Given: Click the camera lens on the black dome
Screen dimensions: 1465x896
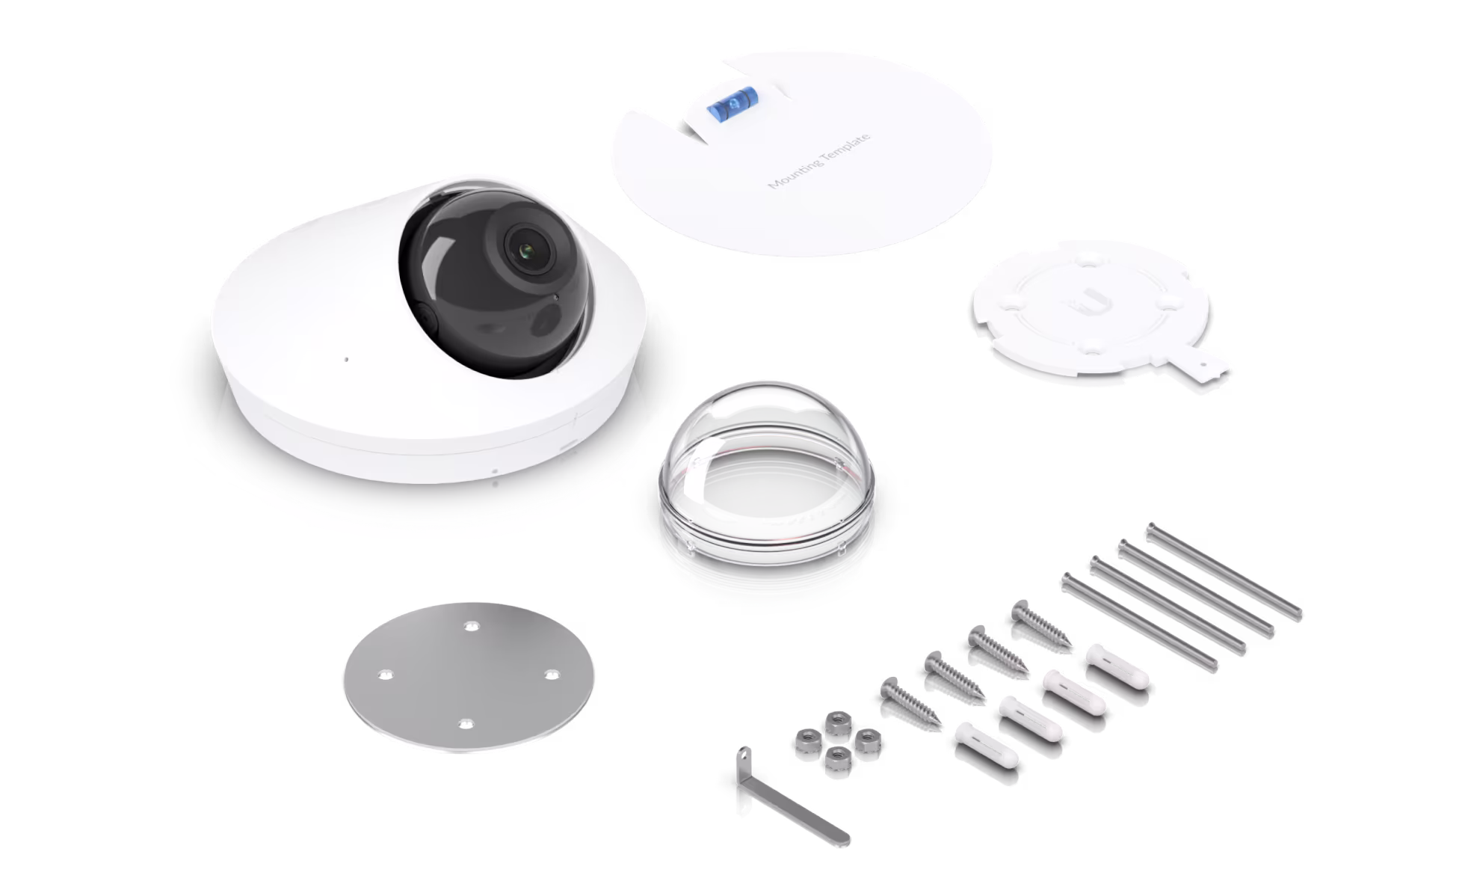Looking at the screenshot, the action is pos(528,250).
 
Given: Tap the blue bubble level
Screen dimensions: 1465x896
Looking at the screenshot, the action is pos(732,102).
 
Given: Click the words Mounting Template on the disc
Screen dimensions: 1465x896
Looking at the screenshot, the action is pos(819,161).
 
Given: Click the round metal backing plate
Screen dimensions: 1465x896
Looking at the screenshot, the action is pos(469,677).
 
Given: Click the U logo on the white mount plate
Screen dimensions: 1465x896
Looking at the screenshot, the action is pos(1089,301).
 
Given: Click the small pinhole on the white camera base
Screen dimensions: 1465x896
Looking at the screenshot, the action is pos(345,360).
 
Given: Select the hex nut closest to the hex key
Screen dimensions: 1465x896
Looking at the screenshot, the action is pos(837,758).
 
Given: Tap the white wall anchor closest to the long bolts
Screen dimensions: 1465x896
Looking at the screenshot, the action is pos(1117,666).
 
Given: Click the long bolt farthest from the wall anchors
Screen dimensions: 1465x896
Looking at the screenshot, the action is pos(1224,571).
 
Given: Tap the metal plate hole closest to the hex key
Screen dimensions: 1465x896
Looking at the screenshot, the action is pos(465,724).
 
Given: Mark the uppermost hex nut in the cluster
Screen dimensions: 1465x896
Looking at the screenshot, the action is pos(838,722).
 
